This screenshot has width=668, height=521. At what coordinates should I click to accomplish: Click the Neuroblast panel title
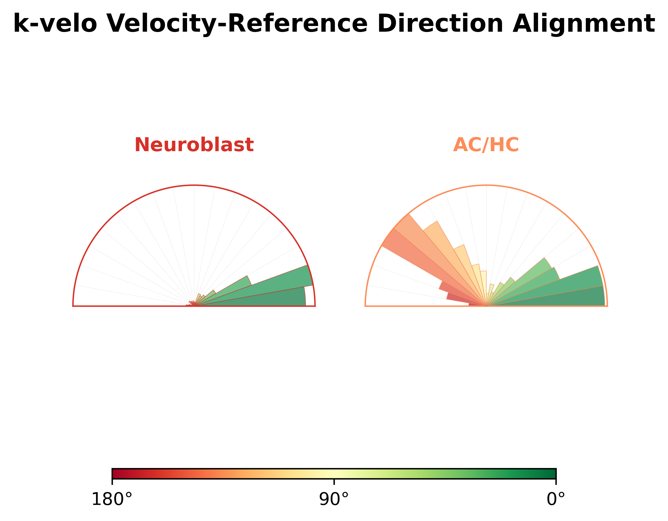point(194,145)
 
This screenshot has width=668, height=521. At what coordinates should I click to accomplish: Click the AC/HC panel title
point(486,145)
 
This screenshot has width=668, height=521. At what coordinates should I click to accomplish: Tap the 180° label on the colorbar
point(112,500)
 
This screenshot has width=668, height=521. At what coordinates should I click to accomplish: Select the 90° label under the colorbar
point(334,500)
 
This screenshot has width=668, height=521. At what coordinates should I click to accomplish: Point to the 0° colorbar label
point(556,500)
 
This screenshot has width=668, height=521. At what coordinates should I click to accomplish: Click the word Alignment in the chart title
point(584,24)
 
